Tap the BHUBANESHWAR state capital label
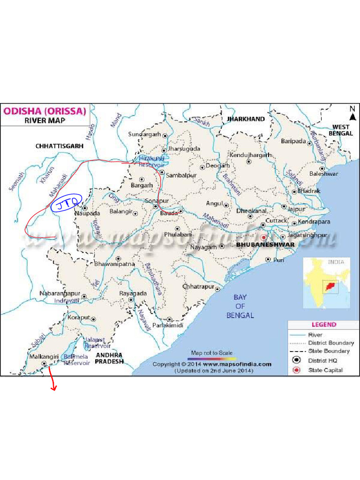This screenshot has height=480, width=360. point(266,245)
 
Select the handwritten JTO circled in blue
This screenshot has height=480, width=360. point(66,204)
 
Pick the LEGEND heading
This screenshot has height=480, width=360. point(324,324)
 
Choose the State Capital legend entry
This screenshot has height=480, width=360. point(325,370)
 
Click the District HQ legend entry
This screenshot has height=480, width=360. point(322,360)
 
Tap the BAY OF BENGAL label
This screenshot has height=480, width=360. point(240,306)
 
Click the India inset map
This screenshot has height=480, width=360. point(326,281)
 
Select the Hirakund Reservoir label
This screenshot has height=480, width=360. point(151,162)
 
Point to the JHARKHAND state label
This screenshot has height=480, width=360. point(246,119)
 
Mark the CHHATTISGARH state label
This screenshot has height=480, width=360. point(60,146)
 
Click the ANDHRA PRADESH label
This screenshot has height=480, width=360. point(109,358)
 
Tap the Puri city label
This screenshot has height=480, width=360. point(278,259)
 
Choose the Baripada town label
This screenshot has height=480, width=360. point(293,141)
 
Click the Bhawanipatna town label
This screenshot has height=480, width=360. point(115,264)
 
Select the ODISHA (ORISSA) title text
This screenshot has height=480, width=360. point(45,112)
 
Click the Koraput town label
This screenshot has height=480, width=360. point(78,317)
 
